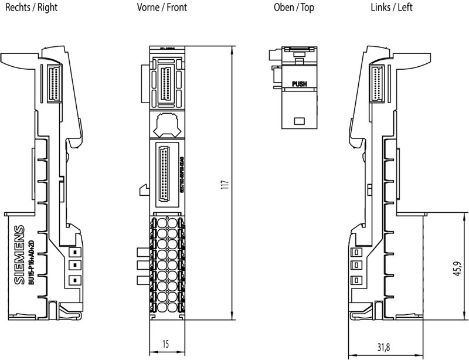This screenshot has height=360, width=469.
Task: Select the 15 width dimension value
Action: (166, 345)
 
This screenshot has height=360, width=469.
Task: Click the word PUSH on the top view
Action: (299, 84)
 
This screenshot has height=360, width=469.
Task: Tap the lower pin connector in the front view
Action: (166, 170)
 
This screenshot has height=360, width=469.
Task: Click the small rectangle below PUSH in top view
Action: (299, 120)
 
